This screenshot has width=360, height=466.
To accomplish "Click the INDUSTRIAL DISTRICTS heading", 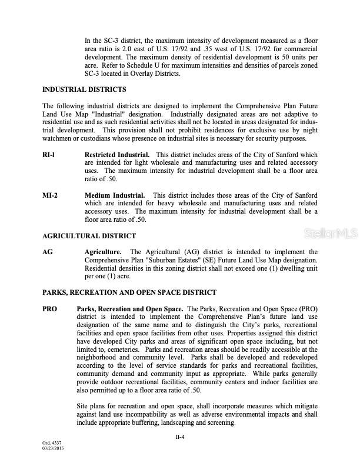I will pyautogui.click(x=84, y=89).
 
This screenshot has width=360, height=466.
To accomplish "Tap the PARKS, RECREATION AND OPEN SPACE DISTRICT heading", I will pyautogui.click(x=129, y=292).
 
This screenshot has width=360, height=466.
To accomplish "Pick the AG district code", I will pyautogui.click(x=48, y=251).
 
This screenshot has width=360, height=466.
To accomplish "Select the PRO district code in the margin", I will pyautogui.click(x=50, y=308).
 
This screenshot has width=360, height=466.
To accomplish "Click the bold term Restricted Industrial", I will pyautogui.click(x=117, y=155).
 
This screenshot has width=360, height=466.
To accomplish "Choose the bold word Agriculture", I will pyautogui.click(x=103, y=251).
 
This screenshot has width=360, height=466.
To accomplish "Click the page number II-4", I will pyautogui.click(x=180, y=437).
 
